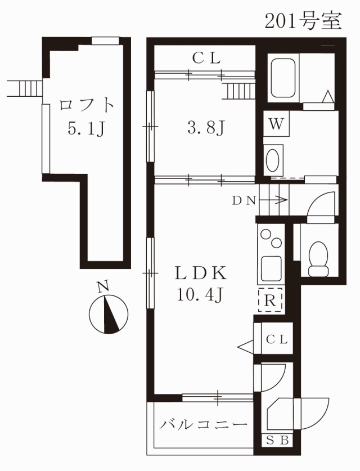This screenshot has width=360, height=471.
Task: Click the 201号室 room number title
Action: [303, 21]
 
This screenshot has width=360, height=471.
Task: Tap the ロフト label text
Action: [87, 106]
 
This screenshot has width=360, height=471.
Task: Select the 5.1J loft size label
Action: [86, 128]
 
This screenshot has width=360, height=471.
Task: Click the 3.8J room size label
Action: [206, 127]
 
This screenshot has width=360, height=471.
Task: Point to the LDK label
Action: [201, 273]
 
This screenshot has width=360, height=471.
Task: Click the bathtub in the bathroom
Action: [283, 78]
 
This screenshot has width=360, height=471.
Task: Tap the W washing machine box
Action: [276, 124]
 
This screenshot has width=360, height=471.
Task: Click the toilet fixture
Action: [318, 259]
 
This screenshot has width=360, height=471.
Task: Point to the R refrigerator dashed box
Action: [271, 300]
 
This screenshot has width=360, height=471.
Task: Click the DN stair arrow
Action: [273, 200]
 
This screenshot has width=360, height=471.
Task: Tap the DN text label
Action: [244, 200]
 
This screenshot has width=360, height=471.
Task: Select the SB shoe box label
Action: [277, 441]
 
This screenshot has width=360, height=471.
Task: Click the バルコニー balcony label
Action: [203, 424]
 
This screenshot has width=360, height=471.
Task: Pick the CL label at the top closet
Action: [206, 58]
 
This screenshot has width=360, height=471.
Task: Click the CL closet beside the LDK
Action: [277, 339]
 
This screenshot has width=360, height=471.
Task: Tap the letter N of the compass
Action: [103, 287]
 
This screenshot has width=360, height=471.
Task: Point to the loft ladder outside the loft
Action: [25, 88]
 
